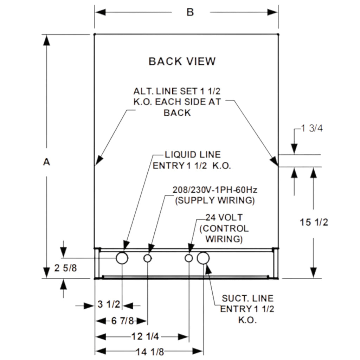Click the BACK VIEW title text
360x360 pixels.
(182, 61)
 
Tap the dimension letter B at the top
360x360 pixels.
(190, 12)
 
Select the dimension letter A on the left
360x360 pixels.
(46, 162)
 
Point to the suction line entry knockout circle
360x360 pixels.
(203, 258)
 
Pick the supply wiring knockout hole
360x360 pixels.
(148, 258)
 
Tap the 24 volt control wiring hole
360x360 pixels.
(189, 258)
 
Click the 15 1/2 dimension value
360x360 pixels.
(314, 222)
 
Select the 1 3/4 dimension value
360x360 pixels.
(312, 128)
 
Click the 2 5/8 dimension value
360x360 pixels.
(65, 268)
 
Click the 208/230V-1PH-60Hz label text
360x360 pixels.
(215, 190)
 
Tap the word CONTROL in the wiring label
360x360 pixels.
(224, 229)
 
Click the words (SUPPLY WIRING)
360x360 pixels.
(215, 201)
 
